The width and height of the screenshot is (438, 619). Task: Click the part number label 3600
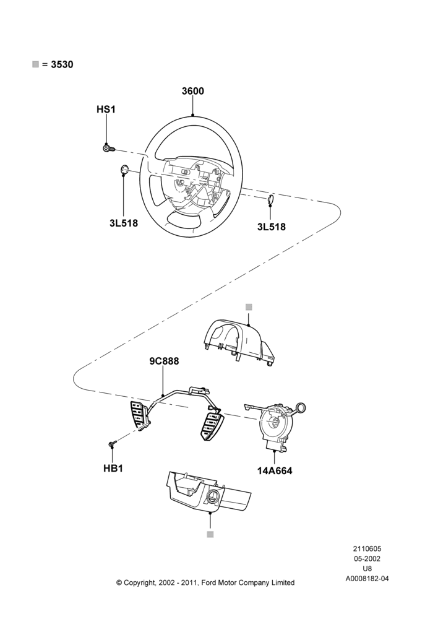point(192,91)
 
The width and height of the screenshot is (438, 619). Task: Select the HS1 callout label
point(106,110)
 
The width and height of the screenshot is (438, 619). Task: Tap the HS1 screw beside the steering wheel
point(108,149)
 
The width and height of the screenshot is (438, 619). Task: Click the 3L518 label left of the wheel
point(124,223)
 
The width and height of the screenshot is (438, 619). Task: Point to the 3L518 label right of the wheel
point(271,227)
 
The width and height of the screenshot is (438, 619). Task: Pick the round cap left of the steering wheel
point(124,170)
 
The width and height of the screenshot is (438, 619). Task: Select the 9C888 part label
point(164,361)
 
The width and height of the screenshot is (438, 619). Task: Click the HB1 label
point(113,468)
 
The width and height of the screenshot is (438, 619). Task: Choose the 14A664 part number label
point(275,470)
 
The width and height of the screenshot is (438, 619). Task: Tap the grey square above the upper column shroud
point(249,307)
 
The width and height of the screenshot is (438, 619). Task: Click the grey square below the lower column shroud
point(210,535)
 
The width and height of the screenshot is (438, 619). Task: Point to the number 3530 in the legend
point(62,64)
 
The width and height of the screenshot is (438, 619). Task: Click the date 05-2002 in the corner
point(367,558)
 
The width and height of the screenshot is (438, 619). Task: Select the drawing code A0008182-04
point(367,579)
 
